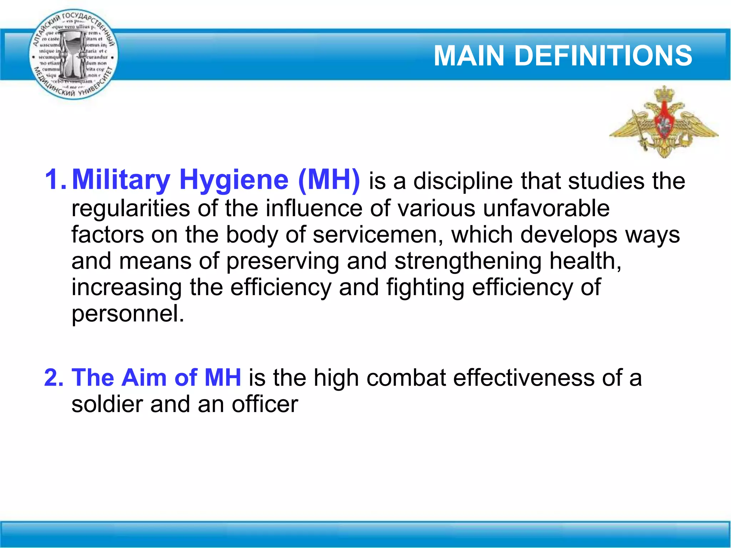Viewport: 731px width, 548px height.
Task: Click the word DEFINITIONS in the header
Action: click(603, 56)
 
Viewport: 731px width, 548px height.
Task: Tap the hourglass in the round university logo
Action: click(73, 54)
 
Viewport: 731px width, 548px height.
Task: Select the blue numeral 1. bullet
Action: click(55, 179)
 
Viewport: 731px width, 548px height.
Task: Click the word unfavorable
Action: click(546, 208)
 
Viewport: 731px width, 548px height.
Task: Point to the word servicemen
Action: click(378, 235)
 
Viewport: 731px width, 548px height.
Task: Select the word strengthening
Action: click(468, 261)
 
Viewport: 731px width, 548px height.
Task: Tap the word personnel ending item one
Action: click(128, 314)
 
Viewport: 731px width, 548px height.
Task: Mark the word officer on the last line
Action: click(265, 405)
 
